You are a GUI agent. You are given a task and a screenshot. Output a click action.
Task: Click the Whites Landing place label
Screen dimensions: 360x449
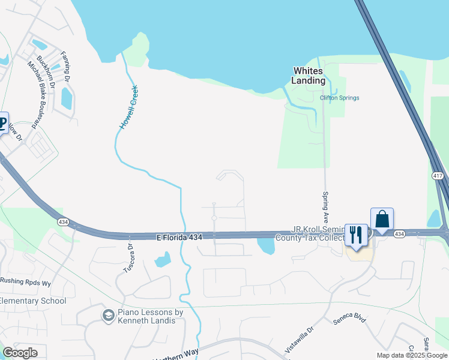[x=309, y=76]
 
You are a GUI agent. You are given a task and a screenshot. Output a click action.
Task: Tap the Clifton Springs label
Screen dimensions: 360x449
[x=339, y=98]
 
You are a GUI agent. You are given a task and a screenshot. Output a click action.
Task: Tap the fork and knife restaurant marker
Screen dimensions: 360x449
[x=357, y=235]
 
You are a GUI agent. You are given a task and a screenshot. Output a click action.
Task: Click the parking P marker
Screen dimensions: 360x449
[x=2, y=124]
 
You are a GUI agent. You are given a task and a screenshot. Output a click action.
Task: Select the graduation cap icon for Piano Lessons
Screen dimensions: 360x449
[x=108, y=316]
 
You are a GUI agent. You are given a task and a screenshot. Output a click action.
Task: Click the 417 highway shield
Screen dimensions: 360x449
[x=437, y=176]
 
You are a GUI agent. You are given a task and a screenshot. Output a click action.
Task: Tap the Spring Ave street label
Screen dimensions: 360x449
[x=325, y=206]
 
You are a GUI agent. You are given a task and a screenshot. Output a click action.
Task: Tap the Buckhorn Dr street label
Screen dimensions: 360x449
[x=46, y=72]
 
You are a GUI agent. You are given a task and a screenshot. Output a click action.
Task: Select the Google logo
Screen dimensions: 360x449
[x=20, y=352]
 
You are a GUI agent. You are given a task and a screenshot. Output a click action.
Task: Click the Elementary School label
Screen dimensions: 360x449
[x=33, y=301]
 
